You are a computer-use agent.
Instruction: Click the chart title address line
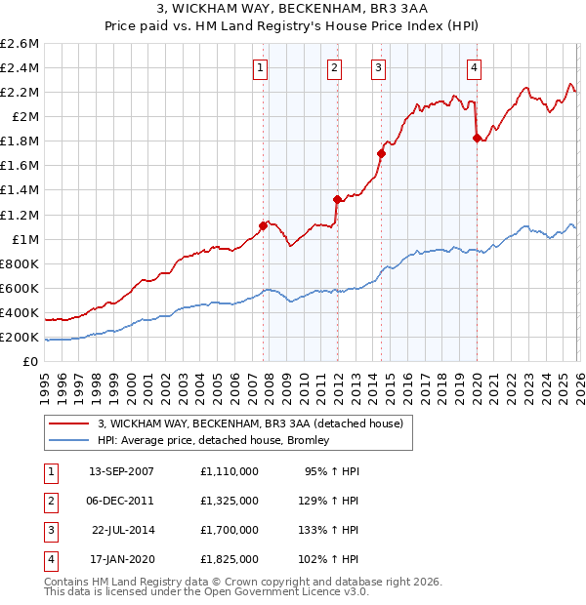coord(293,10)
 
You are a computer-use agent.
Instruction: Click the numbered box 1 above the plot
coord(261,67)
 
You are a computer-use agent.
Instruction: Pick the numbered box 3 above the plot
coord(377,67)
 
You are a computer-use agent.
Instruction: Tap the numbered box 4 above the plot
coord(474,67)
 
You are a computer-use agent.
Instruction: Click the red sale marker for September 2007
coord(263,225)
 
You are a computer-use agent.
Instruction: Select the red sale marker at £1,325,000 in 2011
coord(337,199)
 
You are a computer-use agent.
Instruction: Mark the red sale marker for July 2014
coord(382,153)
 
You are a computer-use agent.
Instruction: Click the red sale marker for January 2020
coord(477,138)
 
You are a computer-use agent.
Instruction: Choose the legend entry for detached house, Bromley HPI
coord(213,440)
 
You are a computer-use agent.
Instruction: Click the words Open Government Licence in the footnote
coord(272,591)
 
